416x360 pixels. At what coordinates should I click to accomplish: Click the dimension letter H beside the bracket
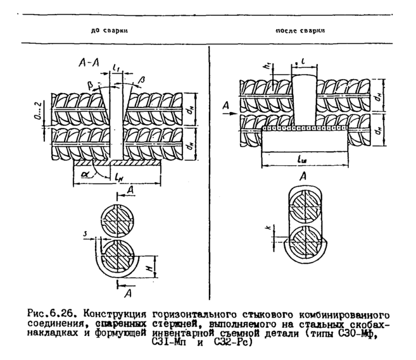151,270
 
